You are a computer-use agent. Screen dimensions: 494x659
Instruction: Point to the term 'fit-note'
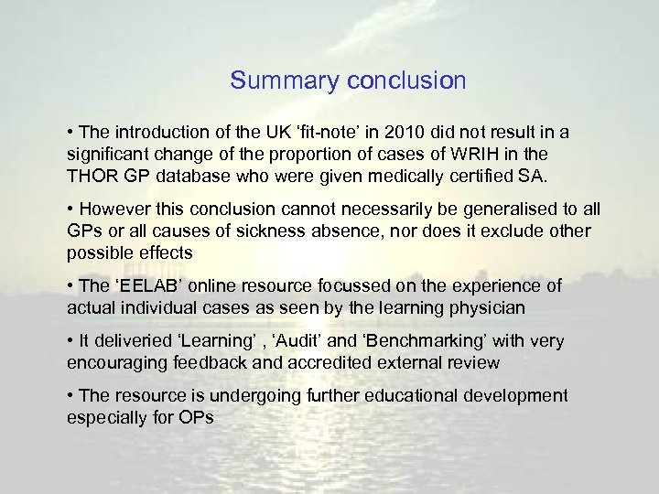pyautogui.click(x=329, y=133)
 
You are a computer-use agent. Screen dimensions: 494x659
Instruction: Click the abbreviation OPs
pyautogui.click(x=196, y=417)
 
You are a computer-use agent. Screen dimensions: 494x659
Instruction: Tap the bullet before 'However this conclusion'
pyautogui.click(x=70, y=209)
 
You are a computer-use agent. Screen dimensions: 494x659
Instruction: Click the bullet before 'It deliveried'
pyautogui.click(x=70, y=341)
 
